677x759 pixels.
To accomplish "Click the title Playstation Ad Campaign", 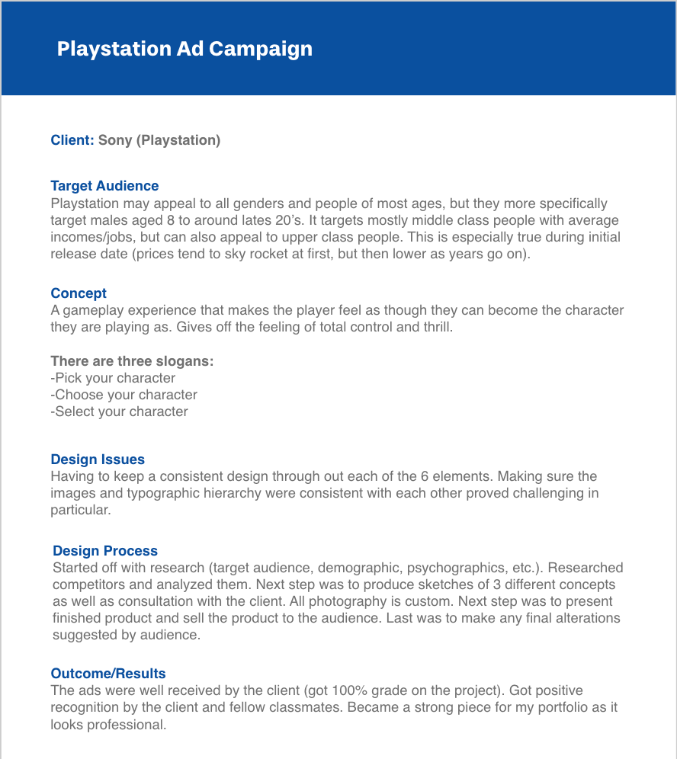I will click(x=184, y=49).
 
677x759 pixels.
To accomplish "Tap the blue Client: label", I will click(x=72, y=140).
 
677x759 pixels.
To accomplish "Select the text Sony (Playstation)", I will click(x=159, y=140).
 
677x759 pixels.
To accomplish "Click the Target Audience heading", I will click(x=104, y=186).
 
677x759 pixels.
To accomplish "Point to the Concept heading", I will click(x=79, y=293).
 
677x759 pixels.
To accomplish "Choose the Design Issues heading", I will click(x=98, y=460).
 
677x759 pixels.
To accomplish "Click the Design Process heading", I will click(x=105, y=551).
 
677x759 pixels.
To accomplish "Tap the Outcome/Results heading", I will click(x=108, y=674).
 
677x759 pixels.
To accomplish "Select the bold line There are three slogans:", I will click(x=132, y=361).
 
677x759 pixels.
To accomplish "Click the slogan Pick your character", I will click(x=113, y=378).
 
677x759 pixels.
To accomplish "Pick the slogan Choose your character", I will click(x=124, y=395).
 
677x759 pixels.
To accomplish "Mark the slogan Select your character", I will click(x=119, y=412).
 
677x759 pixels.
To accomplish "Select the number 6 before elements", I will click(x=424, y=476).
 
